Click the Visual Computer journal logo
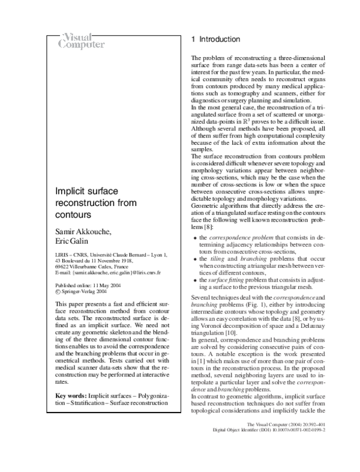82,40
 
